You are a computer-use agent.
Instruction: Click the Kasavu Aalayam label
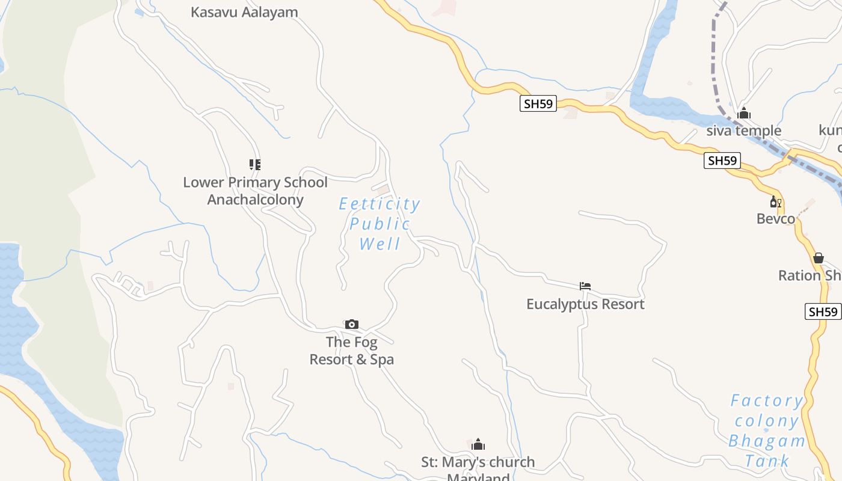click(x=244, y=12)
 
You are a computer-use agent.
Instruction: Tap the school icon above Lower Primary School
click(x=255, y=164)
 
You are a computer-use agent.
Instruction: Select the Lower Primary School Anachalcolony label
click(x=255, y=191)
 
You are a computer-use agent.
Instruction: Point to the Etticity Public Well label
click(x=380, y=224)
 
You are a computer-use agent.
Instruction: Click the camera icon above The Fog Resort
click(x=352, y=325)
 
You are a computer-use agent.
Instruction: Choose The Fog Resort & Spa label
click(x=352, y=351)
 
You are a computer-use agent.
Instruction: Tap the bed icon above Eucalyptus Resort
click(x=585, y=286)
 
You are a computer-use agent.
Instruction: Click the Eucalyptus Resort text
click(x=585, y=304)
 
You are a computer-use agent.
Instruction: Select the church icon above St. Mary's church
click(x=478, y=445)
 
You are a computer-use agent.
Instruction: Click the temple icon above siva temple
click(x=744, y=113)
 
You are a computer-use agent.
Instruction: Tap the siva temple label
click(x=744, y=130)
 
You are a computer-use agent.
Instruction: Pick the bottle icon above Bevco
click(x=775, y=202)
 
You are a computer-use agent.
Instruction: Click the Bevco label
click(x=776, y=219)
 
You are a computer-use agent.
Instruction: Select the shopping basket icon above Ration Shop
click(x=818, y=259)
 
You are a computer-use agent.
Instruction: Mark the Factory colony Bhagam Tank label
click(x=767, y=430)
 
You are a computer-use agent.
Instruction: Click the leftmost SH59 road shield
click(x=538, y=103)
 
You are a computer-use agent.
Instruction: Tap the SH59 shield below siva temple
click(x=722, y=161)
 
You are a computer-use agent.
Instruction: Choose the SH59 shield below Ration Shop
click(x=823, y=311)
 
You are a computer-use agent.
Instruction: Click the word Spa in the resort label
click(x=382, y=360)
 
